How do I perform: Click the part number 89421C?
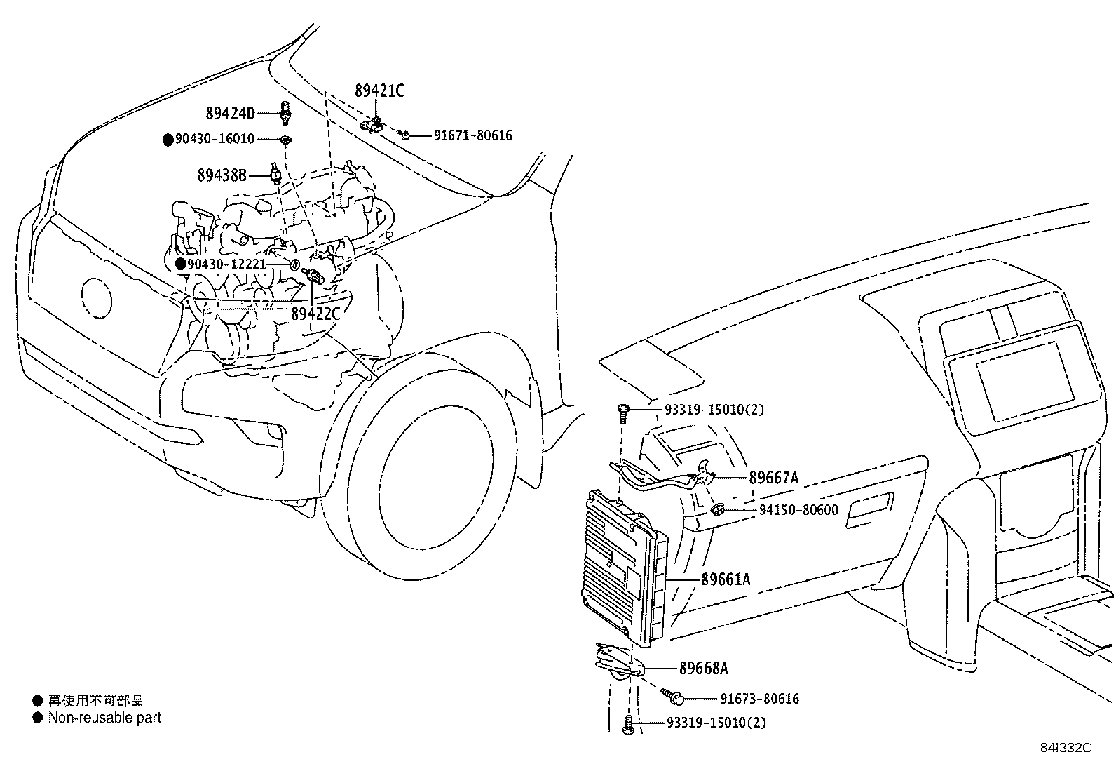coord(379,90)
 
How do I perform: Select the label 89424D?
coord(230,114)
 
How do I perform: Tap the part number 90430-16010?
coord(215,139)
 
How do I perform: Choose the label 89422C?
coord(315,314)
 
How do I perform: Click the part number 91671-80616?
coord(472,135)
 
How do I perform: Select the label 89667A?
coord(773,478)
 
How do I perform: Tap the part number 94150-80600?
coord(798,510)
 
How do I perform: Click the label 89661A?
coord(726,579)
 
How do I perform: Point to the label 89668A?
coord(703,669)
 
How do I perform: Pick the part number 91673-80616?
coord(759,699)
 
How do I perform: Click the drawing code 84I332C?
coord(1066,748)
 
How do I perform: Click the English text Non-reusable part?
coord(104,718)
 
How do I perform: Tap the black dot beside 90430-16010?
coord(168,140)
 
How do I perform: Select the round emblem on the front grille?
coord(96,297)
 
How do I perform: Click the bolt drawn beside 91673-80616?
coord(674,697)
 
